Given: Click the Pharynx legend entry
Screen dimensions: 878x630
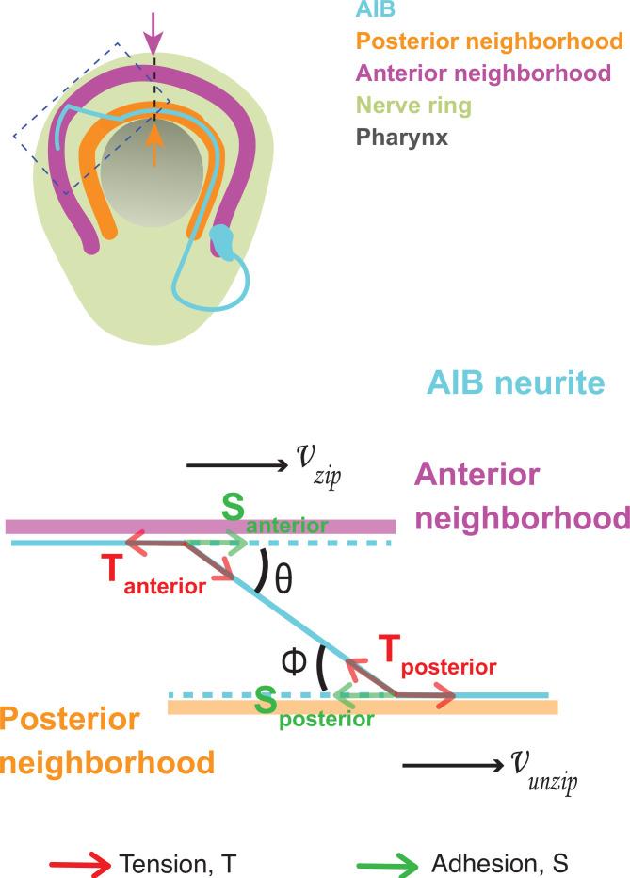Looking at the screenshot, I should point(410,137).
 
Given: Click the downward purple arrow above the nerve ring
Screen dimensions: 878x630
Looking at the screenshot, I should point(153,37).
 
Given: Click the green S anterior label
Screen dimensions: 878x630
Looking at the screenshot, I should point(274,519).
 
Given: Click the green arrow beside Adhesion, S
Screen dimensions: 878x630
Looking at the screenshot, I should point(389,862).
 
